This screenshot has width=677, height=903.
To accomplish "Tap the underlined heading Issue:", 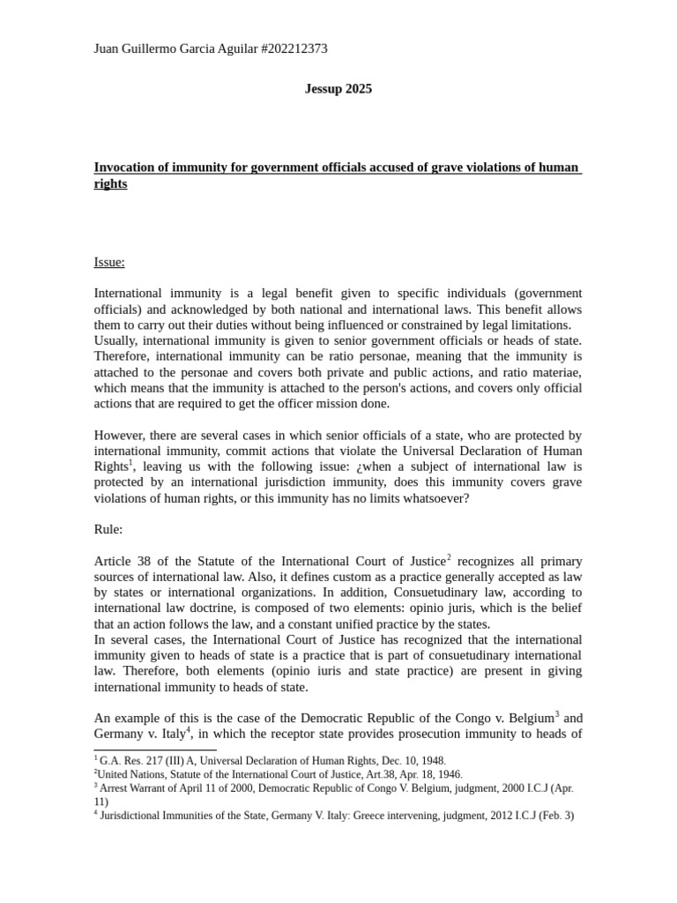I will point(109,262).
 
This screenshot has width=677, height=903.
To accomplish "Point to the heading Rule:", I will point(108,529).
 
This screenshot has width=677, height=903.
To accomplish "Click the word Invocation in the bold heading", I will point(125,168).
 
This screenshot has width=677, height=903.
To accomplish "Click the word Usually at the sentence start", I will point(116,340).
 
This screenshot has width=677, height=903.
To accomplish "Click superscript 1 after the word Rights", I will point(130,463).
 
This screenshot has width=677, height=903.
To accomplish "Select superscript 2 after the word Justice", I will point(449,557).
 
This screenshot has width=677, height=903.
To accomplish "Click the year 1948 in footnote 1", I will point(433,760).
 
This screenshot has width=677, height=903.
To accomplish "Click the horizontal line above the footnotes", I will point(155,750).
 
